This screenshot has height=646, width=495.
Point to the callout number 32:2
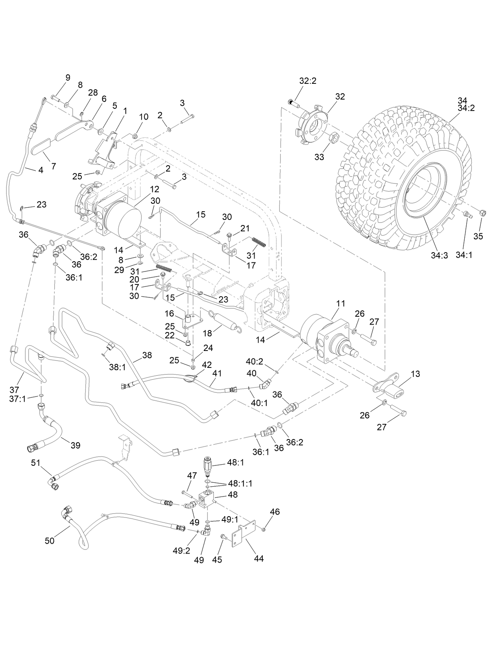click(307, 81)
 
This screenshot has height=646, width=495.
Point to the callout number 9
click(68, 78)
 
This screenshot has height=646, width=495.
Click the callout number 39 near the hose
click(75, 445)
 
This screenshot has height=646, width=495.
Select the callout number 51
click(36, 463)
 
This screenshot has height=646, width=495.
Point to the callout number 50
click(50, 541)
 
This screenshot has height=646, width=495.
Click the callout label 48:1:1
click(240, 484)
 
